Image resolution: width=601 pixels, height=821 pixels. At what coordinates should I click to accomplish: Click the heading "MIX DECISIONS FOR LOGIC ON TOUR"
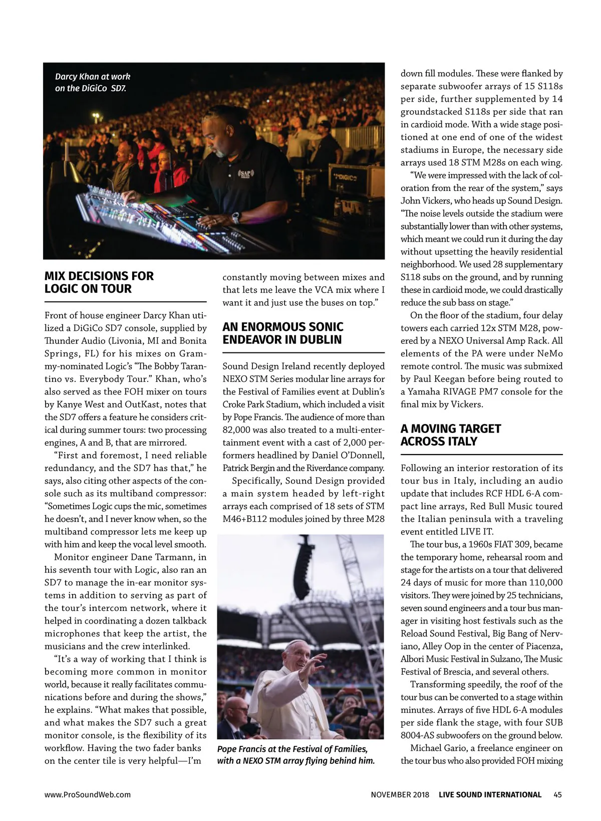(99, 282)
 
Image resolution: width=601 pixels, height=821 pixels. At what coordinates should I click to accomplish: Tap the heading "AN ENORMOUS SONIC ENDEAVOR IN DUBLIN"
(282, 333)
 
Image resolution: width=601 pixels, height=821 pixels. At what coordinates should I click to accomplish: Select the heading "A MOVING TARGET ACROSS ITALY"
(450, 435)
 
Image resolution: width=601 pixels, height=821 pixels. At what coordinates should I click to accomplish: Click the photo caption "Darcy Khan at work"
(93, 77)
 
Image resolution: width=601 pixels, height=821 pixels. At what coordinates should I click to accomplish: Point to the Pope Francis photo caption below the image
(296, 755)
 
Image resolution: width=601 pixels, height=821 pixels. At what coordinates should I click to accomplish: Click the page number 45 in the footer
(558, 794)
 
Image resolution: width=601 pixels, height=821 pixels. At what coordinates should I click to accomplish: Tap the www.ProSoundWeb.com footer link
(88, 794)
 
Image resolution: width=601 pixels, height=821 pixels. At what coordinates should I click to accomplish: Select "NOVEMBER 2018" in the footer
(400, 794)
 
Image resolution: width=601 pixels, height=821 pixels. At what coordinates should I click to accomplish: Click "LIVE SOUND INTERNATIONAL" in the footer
(490, 794)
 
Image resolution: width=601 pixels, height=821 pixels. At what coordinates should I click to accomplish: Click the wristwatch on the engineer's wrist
(235, 218)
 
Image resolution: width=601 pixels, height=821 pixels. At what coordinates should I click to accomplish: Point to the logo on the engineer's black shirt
(246, 175)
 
